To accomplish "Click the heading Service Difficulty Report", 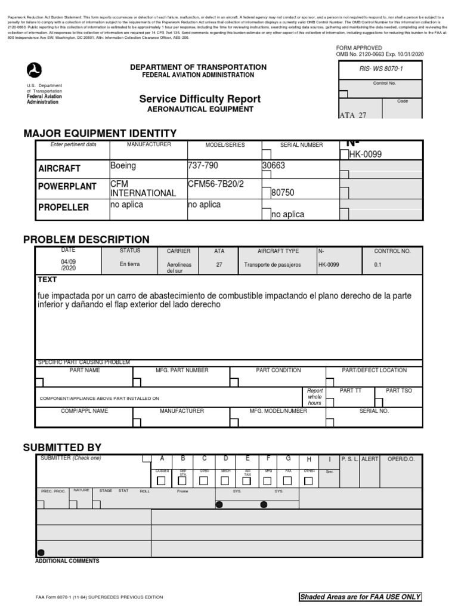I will coord(200,98).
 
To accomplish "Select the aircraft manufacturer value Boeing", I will coord(123,166).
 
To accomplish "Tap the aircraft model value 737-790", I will coord(205,166).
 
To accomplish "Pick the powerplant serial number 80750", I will coord(283,193).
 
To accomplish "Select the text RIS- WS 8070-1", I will coord(380,69).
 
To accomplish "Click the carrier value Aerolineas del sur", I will coord(180,267).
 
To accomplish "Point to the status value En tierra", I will coord(129,264).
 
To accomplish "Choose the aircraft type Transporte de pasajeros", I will coord(273,264).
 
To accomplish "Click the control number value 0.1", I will coord(377,264).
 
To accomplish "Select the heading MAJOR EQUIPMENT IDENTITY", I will coord(100,133).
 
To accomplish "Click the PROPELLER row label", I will coord(64,208).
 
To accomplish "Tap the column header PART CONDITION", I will coord(278,371).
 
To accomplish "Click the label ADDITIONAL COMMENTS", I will coord(67,561).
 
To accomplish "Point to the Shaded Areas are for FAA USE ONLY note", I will coord(360,597).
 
